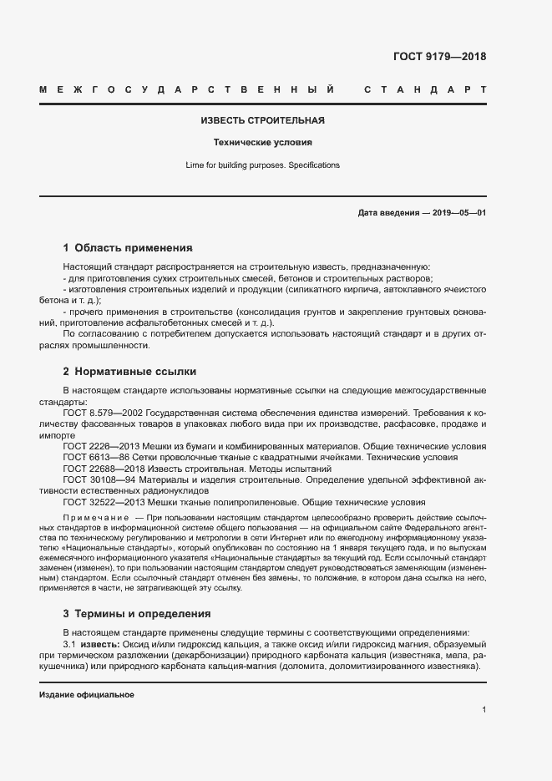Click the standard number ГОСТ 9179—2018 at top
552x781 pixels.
click(x=438, y=57)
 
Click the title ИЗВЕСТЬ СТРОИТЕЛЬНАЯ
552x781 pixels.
click(x=263, y=120)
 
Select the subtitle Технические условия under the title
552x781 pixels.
click(x=263, y=142)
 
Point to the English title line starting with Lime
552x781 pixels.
click(x=263, y=165)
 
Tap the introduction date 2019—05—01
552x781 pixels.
click(x=459, y=213)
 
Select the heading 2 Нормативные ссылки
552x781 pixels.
click(x=129, y=371)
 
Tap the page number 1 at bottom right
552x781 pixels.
click(x=484, y=709)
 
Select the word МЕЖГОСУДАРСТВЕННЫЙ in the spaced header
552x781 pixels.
click(x=188, y=89)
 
